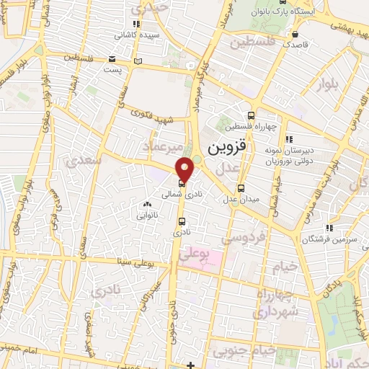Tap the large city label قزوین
[228, 147]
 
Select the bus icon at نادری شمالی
[180, 184]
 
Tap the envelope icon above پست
[112, 59]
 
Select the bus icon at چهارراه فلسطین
[251, 115]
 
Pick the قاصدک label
[296, 45]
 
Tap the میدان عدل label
[240, 199]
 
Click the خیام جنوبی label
[253, 350]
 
